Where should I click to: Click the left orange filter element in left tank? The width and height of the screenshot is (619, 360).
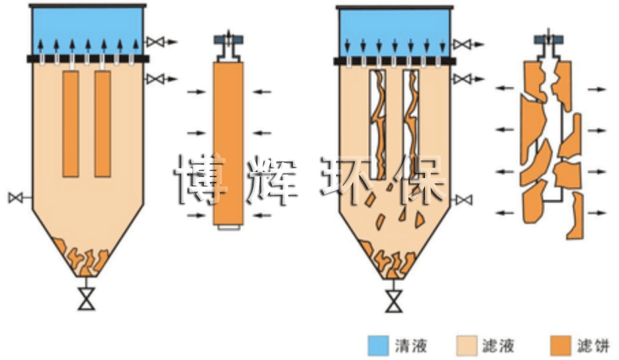[x=71, y=124]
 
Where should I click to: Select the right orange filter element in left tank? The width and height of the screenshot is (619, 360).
[x=103, y=124]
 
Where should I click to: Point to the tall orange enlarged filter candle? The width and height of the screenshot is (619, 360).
[x=228, y=143]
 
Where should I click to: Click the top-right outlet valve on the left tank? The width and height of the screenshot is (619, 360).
[x=156, y=41]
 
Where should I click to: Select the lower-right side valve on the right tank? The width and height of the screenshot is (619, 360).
[x=465, y=199]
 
